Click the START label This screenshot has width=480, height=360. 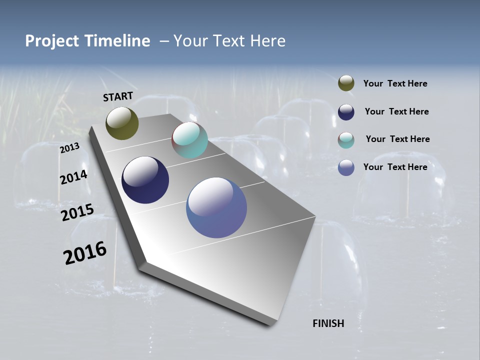tap(118, 96)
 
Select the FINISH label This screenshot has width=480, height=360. tap(328, 323)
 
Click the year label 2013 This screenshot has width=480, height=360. tap(69, 148)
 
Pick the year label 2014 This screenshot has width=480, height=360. tap(73, 177)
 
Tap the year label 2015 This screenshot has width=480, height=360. tap(77, 212)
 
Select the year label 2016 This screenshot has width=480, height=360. tap(85, 253)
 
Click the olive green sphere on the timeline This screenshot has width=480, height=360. tap(122, 123)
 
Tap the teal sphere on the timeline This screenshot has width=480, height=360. tap(189, 140)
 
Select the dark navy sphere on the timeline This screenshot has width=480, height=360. tap(145, 180)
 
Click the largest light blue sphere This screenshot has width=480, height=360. tap(216, 207)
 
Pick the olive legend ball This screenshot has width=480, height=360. tap(346, 83)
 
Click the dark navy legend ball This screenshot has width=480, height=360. tap(346, 112)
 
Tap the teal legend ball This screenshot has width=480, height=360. tap(346, 140)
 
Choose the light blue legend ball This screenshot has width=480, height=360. tap(346, 167)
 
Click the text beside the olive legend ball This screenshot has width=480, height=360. tap(395, 84)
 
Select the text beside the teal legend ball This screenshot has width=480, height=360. tap(397, 139)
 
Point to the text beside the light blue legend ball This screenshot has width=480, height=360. tap(395, 167)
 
